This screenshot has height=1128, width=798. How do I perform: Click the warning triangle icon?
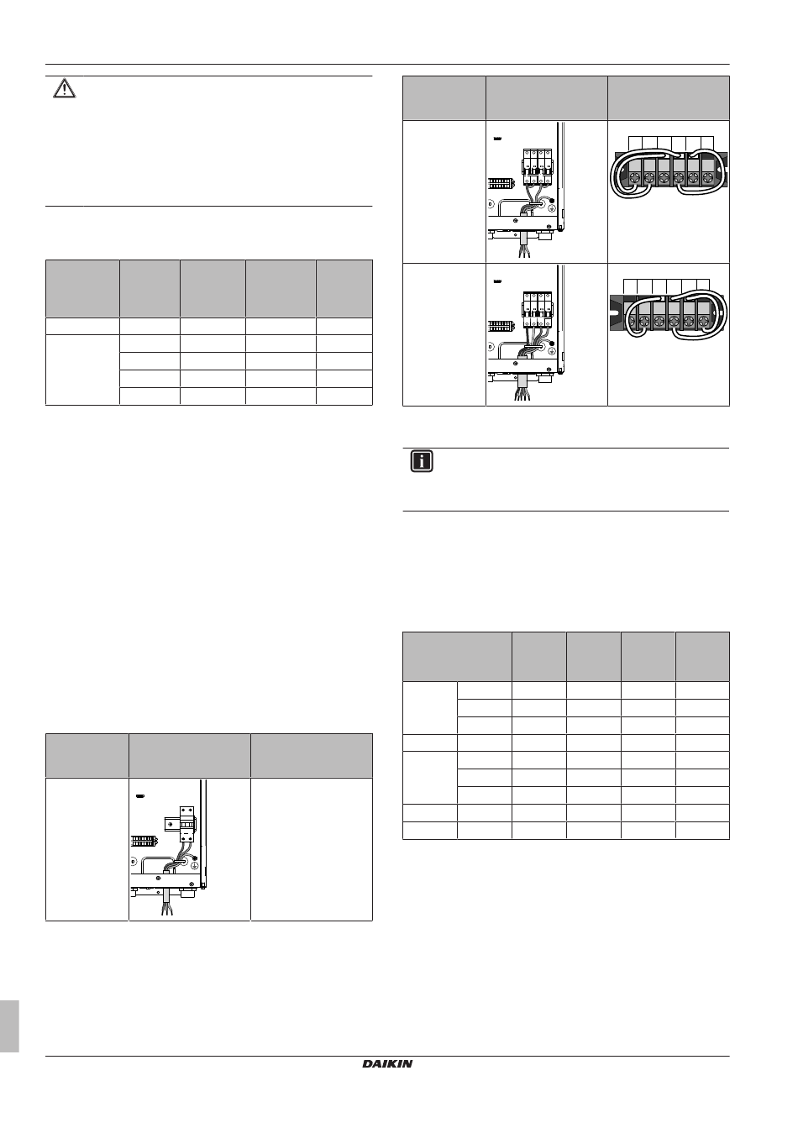pyautogui.click(x=64, y=89)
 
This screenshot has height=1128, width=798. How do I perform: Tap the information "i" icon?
pyautogui.click(x=422, y=461)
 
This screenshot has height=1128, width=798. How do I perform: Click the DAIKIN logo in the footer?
pyautogui.click(x=387, y=1063)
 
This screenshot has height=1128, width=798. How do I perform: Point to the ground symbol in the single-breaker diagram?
pyautogui.click(x=193, y=864)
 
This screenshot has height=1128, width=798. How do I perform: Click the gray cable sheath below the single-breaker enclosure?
pyautogui.click(x=167, y=896)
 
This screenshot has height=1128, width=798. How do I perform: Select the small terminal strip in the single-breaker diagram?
pyautogui.click(x=143, y=841)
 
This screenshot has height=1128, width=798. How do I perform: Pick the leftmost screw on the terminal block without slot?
pyautogui.click(x=634, y=177)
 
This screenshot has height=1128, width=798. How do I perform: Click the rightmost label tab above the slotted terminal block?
pyautogui.click(x=703, y=286)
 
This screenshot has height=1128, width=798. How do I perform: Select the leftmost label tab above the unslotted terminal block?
pyautogui.click(x=635, y=144)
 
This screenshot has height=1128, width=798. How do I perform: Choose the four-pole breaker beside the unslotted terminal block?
pyautogui.click(x=538, y=167)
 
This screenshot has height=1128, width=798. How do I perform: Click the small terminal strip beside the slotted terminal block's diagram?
pyautogui.click(x=500, y=325)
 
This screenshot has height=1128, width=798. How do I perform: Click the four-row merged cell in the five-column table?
pyautogui.click(x=82, y=370)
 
